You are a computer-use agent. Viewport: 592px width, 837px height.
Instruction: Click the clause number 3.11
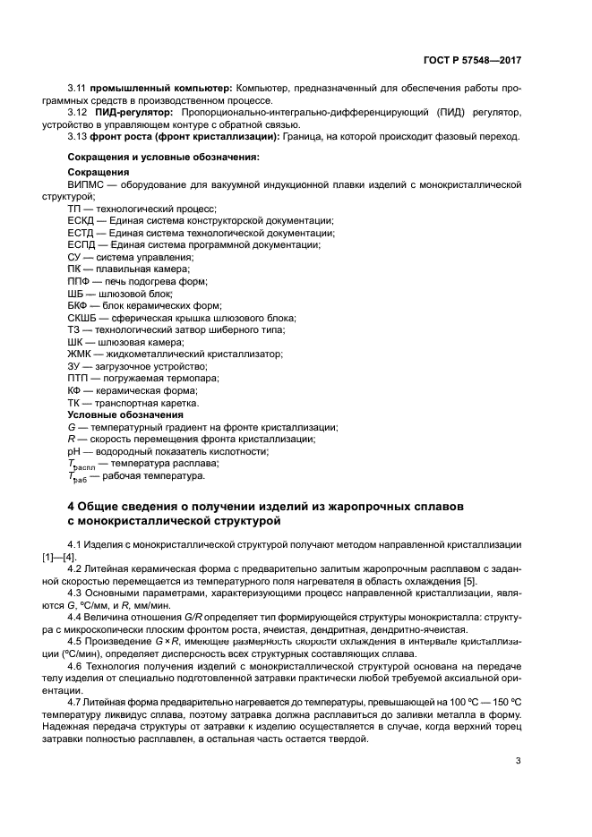77,89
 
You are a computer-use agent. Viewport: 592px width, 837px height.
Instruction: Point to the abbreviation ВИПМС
88,183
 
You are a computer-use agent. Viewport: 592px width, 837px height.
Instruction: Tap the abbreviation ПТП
81,379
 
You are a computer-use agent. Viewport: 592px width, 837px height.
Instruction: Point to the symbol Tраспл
81,465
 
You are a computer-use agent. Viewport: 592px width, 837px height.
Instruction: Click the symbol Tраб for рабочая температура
78,477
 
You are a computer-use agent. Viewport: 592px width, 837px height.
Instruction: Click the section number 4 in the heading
72,507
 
